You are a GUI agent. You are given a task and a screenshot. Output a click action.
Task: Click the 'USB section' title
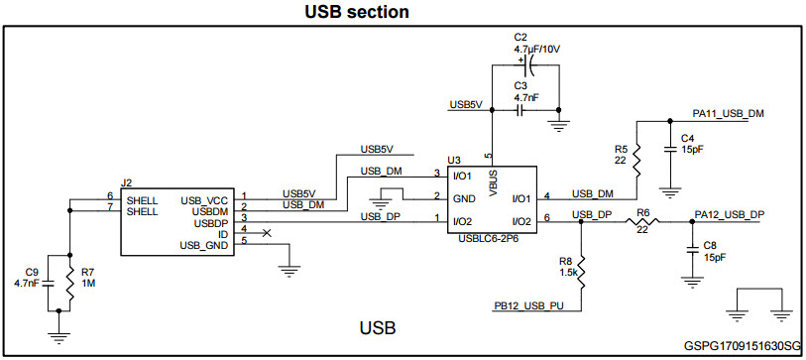click(342, 12)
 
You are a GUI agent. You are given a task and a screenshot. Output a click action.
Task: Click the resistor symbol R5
click(636, 154)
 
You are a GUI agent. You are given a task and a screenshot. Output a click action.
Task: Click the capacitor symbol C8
click(691, 248)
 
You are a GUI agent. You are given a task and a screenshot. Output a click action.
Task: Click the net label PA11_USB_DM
click(729, 114)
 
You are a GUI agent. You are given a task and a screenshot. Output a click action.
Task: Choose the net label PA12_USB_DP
click(729, 214)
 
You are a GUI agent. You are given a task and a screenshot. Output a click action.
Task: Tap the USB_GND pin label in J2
click(205, 245)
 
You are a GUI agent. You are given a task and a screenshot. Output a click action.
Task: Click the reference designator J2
click(126, 183)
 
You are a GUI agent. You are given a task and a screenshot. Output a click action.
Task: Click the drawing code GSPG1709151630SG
click(742, 347)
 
